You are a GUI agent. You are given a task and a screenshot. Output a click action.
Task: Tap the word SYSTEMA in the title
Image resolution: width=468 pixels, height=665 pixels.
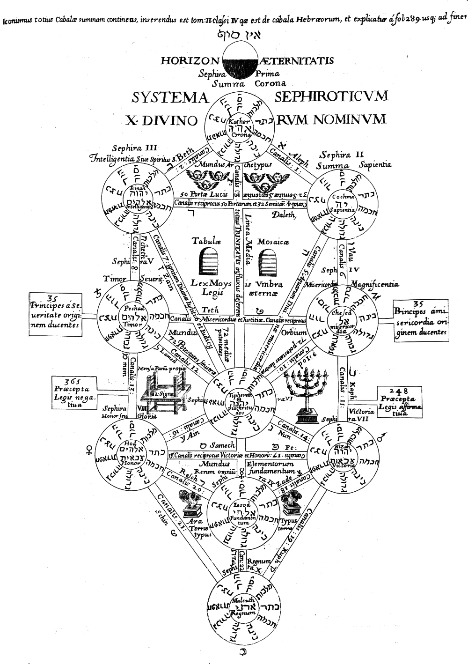[169, 98]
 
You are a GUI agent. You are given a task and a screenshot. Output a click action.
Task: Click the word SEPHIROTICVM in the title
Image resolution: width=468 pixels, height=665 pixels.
[331, 96]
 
